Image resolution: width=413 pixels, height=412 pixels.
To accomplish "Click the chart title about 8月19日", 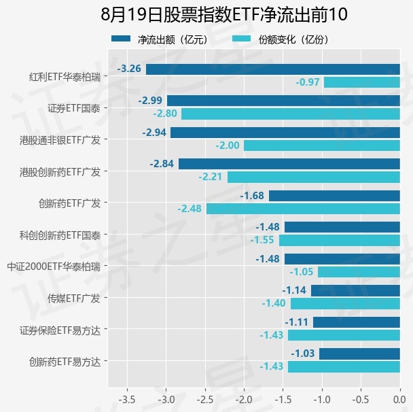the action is [224, 14].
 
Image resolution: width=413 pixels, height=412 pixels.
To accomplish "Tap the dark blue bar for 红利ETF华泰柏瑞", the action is [273, 69].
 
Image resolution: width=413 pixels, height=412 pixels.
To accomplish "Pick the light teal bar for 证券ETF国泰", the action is [291, 114].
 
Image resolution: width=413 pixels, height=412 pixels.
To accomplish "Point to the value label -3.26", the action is [129, 69].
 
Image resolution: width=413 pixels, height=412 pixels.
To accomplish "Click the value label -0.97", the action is [308, 82].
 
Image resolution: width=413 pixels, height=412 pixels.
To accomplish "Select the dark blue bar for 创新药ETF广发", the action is [334, 196].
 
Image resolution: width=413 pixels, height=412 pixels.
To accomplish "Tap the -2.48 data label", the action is [190, 209].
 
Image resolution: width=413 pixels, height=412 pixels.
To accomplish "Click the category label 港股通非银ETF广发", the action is [60, 140].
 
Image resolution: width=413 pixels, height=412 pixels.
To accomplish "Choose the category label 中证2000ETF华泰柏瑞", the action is [54, 267].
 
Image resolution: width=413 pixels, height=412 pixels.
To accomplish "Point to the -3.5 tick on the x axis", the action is [127, 400].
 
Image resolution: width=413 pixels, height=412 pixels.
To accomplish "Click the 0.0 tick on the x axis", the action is [399, 400].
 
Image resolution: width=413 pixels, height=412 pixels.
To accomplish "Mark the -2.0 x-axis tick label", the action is [244, 400].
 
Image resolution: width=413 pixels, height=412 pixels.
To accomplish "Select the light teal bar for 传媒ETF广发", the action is [345, 304].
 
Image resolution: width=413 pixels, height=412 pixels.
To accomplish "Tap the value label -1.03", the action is [303, 354].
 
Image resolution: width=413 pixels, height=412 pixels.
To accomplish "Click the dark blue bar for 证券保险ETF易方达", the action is [357, 322].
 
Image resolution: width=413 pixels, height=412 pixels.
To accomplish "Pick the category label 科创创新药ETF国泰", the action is [60, 235].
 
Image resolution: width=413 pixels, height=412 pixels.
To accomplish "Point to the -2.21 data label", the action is [211, 177].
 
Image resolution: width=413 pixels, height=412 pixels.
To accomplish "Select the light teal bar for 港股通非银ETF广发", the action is [322, 145].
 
